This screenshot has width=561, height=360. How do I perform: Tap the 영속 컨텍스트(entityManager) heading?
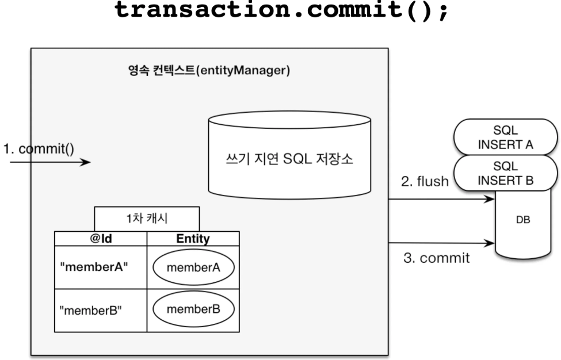click(209, 70)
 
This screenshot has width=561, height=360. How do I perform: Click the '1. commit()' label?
click(39, 149)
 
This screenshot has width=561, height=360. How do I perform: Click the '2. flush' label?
click(425, 181)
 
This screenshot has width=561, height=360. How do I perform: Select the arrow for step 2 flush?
click(441, 199)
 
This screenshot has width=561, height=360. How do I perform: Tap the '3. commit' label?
click(437, 258)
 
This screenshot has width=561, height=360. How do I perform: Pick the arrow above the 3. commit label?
click(441, 243)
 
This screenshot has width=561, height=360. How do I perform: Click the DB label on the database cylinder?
click(523, 220)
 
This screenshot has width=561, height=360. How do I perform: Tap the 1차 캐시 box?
click(147, 219)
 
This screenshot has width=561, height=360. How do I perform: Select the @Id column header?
click(101, 239)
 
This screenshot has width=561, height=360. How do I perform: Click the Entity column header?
click(193, 239)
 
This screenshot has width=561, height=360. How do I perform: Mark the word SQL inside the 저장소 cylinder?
click(297, 158)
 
